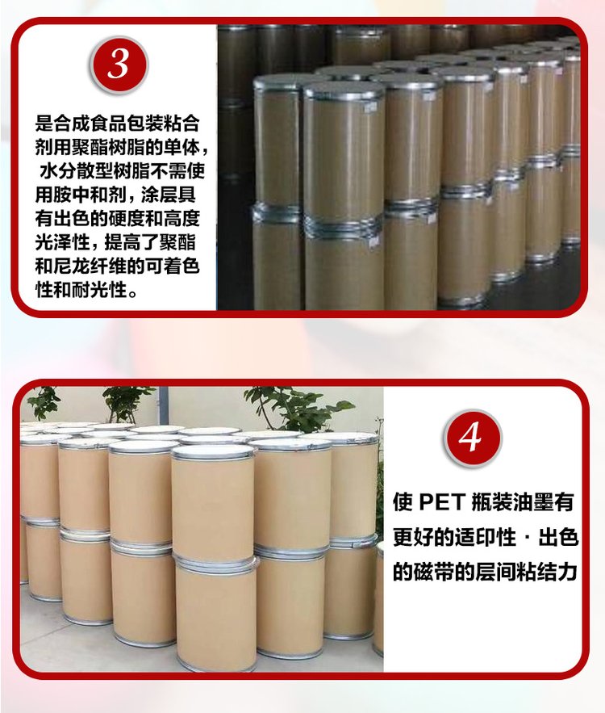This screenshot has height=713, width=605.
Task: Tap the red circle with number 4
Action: click(473, 438)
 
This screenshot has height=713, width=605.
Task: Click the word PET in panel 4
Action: click(442, 502)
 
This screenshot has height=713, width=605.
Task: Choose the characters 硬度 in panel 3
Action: click(127, 219)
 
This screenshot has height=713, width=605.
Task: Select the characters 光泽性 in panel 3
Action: click(63, 242)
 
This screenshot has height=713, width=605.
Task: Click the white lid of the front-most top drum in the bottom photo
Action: click(213, 451)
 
